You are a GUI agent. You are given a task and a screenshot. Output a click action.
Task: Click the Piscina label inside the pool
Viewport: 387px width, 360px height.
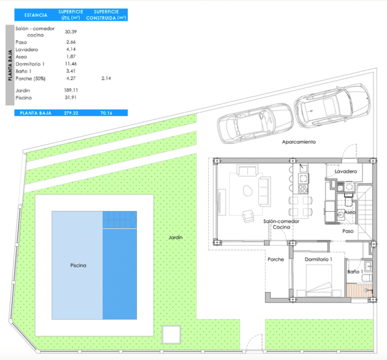(78, 266)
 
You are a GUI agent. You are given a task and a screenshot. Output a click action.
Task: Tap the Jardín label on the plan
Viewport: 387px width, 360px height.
(175, 238)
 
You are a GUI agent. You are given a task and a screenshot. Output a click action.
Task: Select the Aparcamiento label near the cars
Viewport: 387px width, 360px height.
(299, 142)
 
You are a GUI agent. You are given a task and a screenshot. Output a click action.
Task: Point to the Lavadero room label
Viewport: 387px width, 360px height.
(346, 171)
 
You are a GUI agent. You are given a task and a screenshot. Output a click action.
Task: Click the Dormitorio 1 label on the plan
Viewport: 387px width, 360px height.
(319, 260)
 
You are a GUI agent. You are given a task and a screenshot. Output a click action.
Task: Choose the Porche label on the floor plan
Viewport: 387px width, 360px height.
(276, 260)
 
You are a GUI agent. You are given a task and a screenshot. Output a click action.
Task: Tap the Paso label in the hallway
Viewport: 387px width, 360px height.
(348, 231)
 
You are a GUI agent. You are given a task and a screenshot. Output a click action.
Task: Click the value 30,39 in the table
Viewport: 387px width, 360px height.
(71, 32)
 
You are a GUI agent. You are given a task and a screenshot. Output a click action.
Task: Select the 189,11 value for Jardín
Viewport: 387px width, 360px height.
(71, 90)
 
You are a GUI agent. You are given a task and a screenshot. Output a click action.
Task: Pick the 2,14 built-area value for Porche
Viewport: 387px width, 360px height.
(106, 78)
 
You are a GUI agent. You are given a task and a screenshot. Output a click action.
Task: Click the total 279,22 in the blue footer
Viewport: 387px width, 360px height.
(71, 113)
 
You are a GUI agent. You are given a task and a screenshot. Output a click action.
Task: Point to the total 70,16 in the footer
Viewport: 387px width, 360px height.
(106, 113)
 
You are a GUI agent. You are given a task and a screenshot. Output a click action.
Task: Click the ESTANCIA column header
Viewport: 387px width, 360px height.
(36, 15)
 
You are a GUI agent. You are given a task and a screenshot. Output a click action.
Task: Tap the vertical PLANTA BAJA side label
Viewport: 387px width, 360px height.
(10, 65)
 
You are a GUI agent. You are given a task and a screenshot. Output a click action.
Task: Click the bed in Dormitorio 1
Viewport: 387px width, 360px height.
(319, 280)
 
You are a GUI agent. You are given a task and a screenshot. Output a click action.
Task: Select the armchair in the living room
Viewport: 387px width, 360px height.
(248, 216)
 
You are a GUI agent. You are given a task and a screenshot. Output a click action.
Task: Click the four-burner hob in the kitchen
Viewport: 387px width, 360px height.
(303, 189)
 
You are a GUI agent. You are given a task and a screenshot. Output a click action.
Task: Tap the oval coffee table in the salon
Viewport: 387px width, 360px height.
(248, 190)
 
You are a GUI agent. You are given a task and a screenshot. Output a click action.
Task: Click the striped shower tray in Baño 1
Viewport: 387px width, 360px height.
(359, 291)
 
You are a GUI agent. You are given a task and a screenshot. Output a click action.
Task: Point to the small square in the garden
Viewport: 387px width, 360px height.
(171, 334)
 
